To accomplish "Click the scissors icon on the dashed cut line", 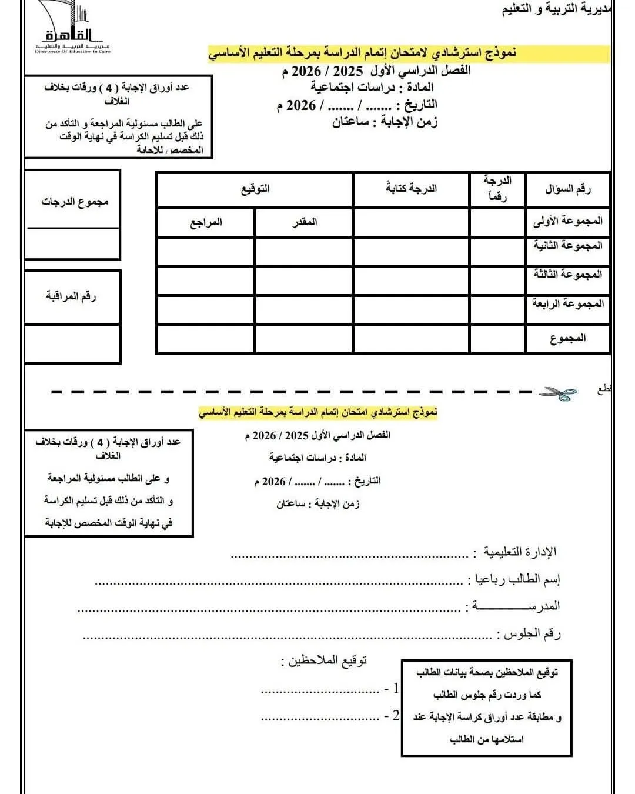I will tap(558, 393).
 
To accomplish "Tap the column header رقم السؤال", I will tap(567, 189).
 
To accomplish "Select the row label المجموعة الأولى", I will tap(567, 221).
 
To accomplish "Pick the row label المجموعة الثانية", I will tap(567, 245).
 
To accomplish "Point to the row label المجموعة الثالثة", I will tap(567, 274).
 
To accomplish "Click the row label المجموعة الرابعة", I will tap(567, 303).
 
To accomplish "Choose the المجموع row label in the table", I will tap(567, 338).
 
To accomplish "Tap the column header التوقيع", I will tap(255, 189).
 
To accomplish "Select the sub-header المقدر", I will tap(305, 222).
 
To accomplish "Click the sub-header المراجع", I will tap(206, 222).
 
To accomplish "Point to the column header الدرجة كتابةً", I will tap(411, 189).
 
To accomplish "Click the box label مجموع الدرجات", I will tap(75, 202).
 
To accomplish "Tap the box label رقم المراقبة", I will tap(71, 296).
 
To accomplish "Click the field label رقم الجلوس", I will tap(529, 634).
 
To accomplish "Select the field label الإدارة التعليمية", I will tap(517, 552).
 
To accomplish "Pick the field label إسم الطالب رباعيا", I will tap(514, 580).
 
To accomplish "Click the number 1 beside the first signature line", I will tap(396, 688).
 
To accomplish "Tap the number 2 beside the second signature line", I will tap(396, 715).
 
